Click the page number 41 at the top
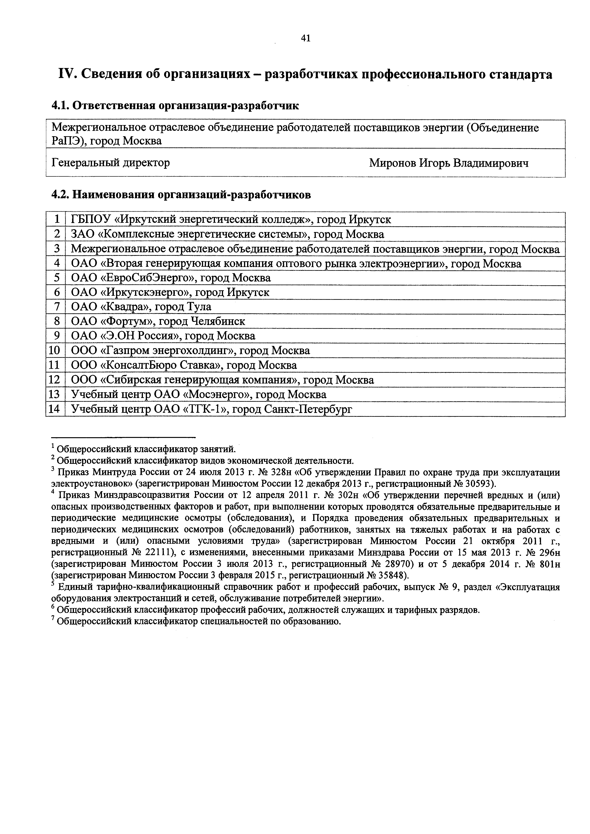[306, 38]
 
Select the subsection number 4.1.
[60, 106]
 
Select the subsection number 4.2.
[60, 195]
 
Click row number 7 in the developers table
[56, 307]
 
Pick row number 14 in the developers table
[54, 409]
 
